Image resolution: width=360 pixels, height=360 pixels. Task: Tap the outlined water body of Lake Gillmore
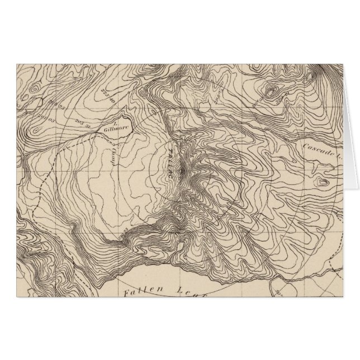[120, 122]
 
